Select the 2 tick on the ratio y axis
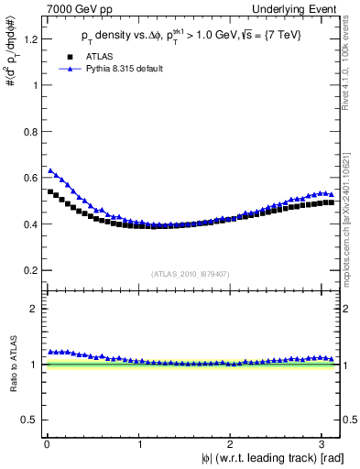[x=36, y=309]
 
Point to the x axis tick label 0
[x=47, y=444]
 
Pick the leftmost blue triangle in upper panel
[x=51, y=170]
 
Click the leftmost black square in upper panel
[x=51, y=191]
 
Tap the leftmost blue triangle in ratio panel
[x=51, y=352]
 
